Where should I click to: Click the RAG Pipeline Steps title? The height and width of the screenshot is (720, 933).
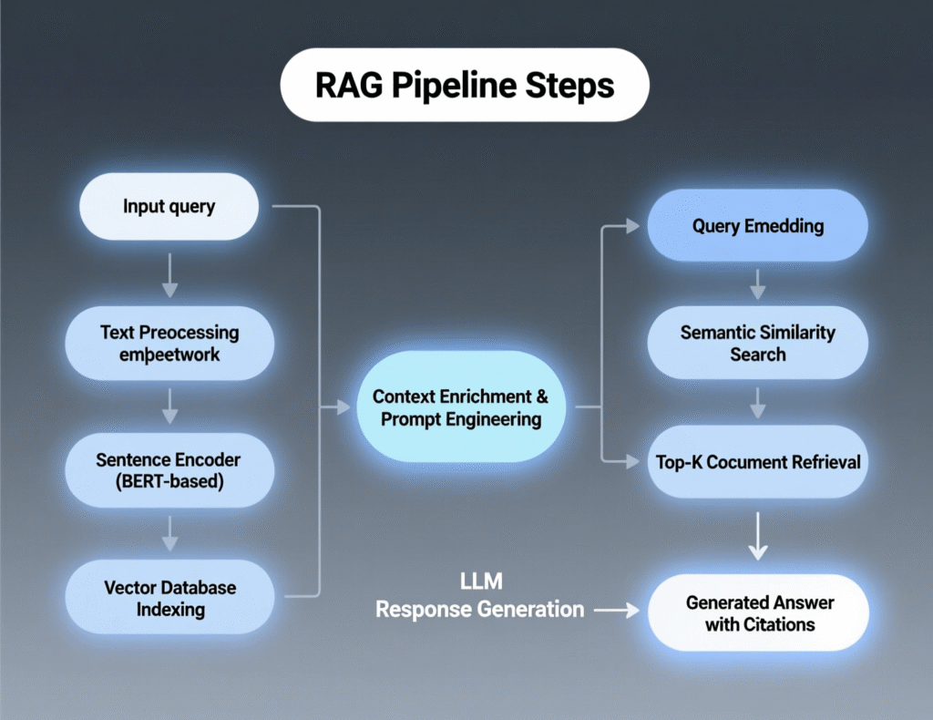(x=465, y=86)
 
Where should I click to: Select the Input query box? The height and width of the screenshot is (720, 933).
(x=169, y=206)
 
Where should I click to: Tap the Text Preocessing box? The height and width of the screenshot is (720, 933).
(x=169, y=344)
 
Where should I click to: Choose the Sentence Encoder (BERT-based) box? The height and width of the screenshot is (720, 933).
(x=169, y=471)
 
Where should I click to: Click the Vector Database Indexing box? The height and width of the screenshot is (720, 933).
(x=169, y=598)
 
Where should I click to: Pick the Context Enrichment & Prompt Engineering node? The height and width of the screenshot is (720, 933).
(x=461, y=407)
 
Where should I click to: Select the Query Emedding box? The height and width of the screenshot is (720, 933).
(x=757, y=226)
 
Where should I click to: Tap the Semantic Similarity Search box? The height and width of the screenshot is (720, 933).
(x=757, y=343)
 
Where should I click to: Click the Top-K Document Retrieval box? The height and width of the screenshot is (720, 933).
(x=757, y=462)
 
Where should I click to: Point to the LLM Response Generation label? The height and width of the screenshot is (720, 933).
(x=480, y=596)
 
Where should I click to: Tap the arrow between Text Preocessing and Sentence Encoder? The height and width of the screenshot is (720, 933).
(x=169, y=407)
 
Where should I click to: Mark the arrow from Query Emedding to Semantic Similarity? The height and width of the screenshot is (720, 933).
(x=757, y=284)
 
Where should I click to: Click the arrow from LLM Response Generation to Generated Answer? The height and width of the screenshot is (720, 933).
(x=616, y=611)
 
